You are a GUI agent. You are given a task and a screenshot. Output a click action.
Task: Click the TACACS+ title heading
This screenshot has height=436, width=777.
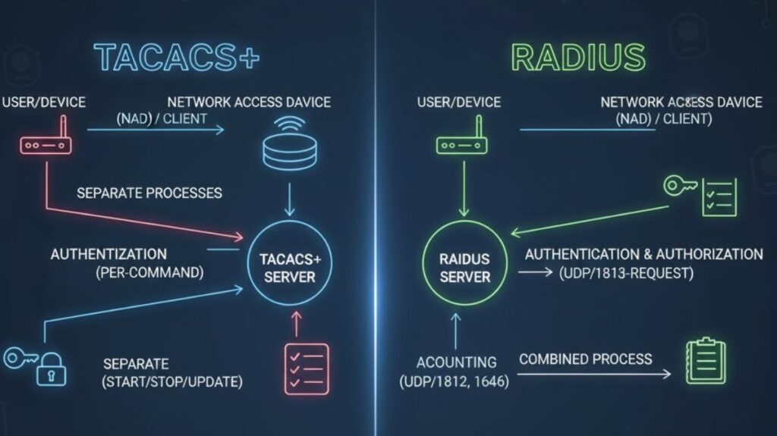tap(176, 58)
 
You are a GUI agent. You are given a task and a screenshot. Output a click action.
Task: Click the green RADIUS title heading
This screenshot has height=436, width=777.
tap(578, 58)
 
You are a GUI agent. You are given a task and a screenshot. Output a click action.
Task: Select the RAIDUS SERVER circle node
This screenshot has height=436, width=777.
tap(465, 268)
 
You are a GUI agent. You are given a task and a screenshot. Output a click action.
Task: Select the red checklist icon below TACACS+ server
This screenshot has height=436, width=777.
tap(307, 369)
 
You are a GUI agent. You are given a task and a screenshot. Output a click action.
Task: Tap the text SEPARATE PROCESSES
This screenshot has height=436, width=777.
tap(149, 193)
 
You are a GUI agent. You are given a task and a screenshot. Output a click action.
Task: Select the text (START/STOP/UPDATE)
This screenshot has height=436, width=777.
tap(172, 382)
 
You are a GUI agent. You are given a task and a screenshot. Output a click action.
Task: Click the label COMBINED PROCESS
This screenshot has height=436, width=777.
tap(585, 359)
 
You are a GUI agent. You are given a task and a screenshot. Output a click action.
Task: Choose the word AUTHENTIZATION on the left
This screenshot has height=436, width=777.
tap(109, 254)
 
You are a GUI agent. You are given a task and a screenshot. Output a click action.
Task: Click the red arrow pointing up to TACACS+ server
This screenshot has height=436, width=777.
tap(295, 324)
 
